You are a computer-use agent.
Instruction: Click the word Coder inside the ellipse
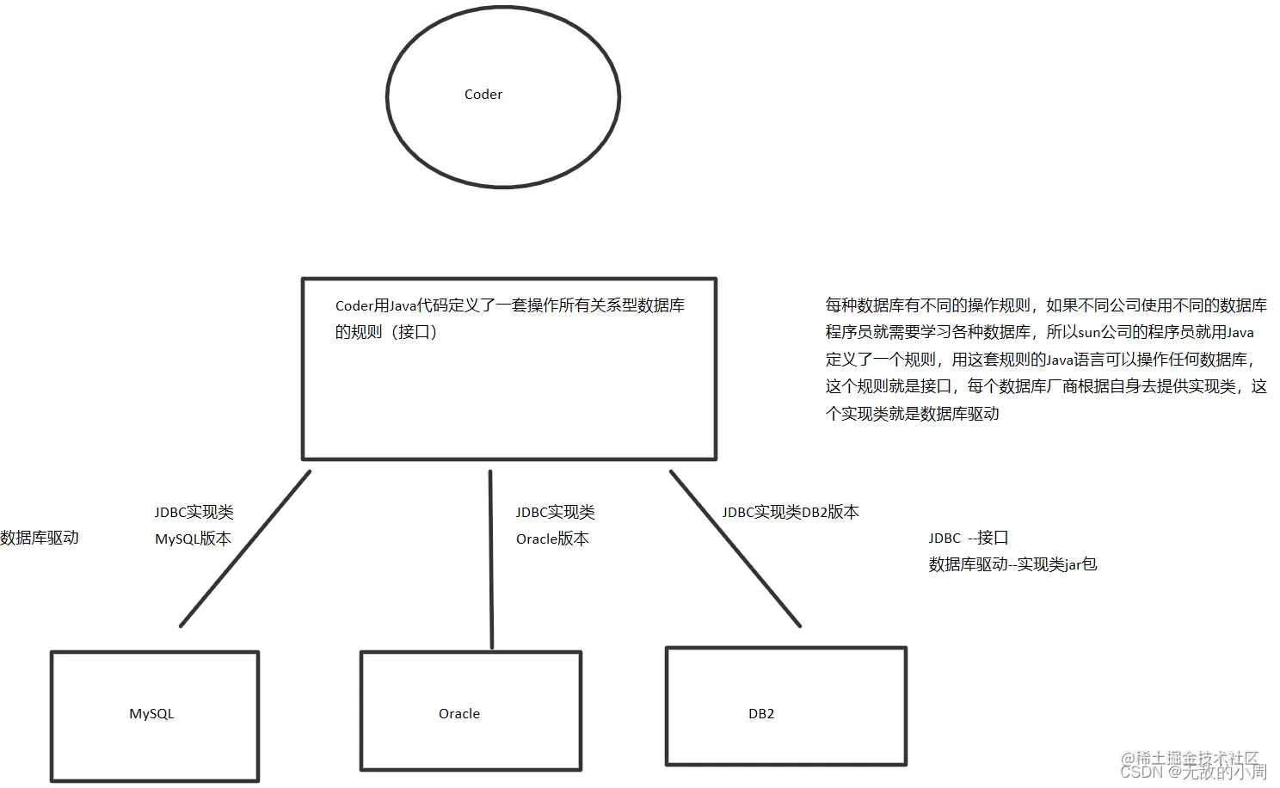tap(483, 95)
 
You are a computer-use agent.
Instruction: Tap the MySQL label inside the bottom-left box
tap(151, 714)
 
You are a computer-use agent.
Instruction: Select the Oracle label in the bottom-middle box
tap(459, 714)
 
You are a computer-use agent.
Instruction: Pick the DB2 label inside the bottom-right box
tap(761, 714)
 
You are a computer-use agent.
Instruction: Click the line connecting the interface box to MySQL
tap(245, 549)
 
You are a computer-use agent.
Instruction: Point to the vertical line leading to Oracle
tap(491, 559)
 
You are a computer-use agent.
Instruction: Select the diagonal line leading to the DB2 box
tap(735, 549)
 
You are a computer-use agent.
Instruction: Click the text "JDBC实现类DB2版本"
tap(790, 513)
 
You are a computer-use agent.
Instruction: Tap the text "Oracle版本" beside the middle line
tap(552, 539)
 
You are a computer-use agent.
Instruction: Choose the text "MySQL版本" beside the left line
tap(193, 539)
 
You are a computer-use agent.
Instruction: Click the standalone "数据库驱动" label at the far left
tap(40, 538)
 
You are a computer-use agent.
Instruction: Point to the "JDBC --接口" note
tap(968, 539)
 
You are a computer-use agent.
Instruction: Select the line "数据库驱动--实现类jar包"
tap(1012, 565)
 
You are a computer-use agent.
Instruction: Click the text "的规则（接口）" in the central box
tap(386, 332)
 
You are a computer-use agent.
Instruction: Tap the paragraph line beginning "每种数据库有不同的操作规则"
tap(1045, 305)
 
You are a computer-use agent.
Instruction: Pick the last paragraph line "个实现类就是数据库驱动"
tap(912, 414)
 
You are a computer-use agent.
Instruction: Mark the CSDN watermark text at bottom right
tap(1193, 772)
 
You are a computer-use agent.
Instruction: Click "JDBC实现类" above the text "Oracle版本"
tap(555, 513)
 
